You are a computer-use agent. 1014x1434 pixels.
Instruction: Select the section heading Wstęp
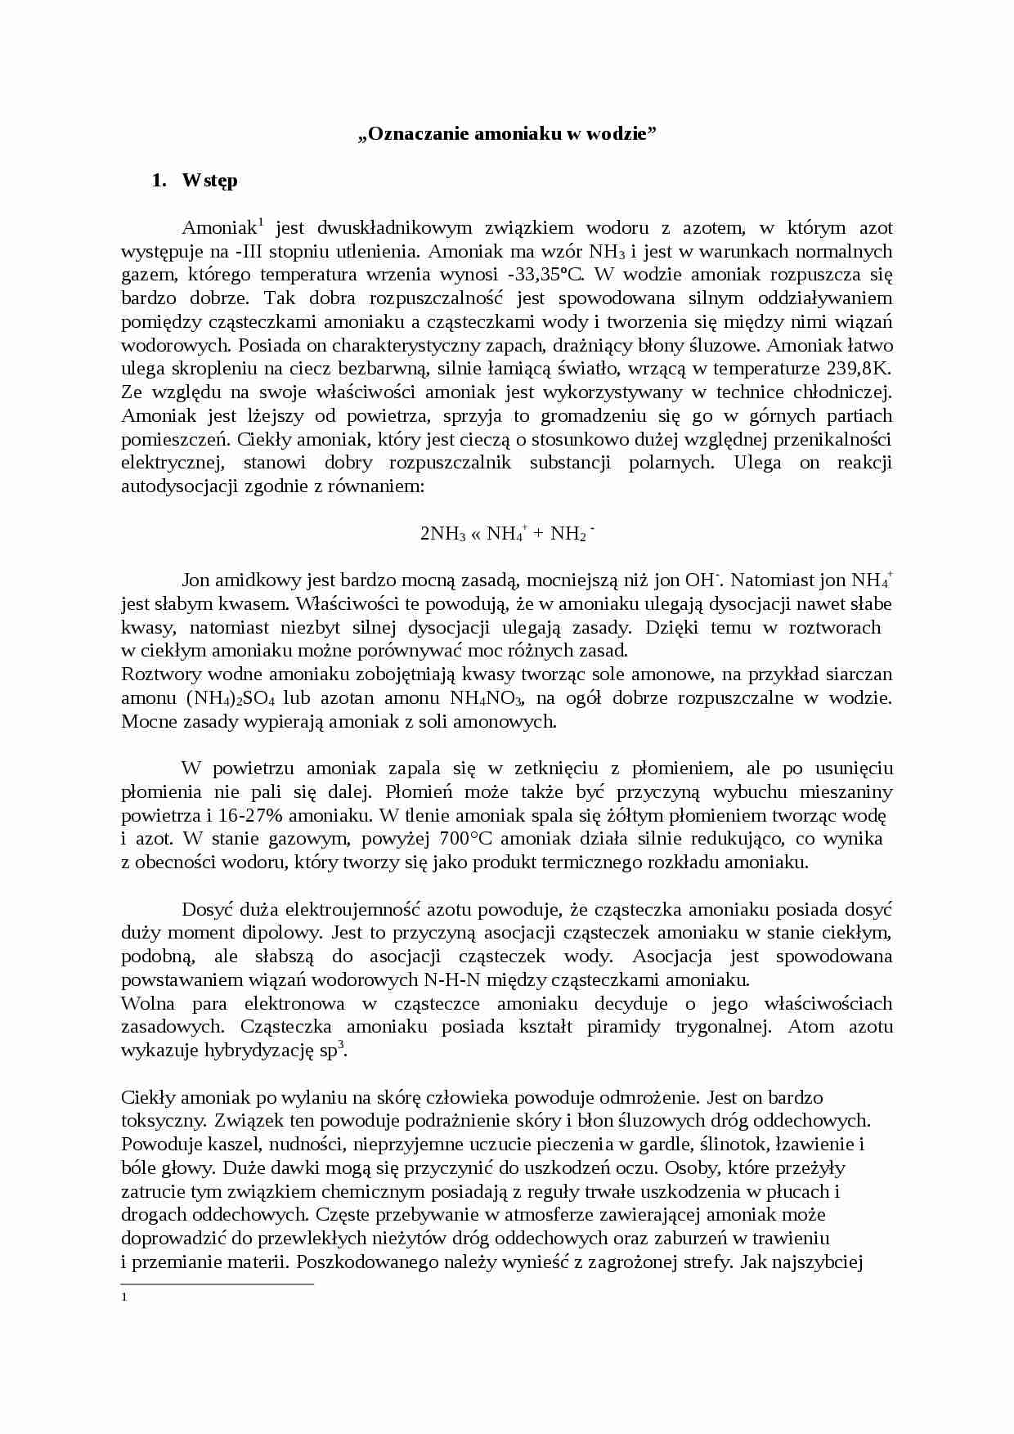tap(210, 181)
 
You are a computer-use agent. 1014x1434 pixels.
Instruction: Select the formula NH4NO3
tap(487, 698)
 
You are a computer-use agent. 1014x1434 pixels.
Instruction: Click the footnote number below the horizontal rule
tap(123, 1297)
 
